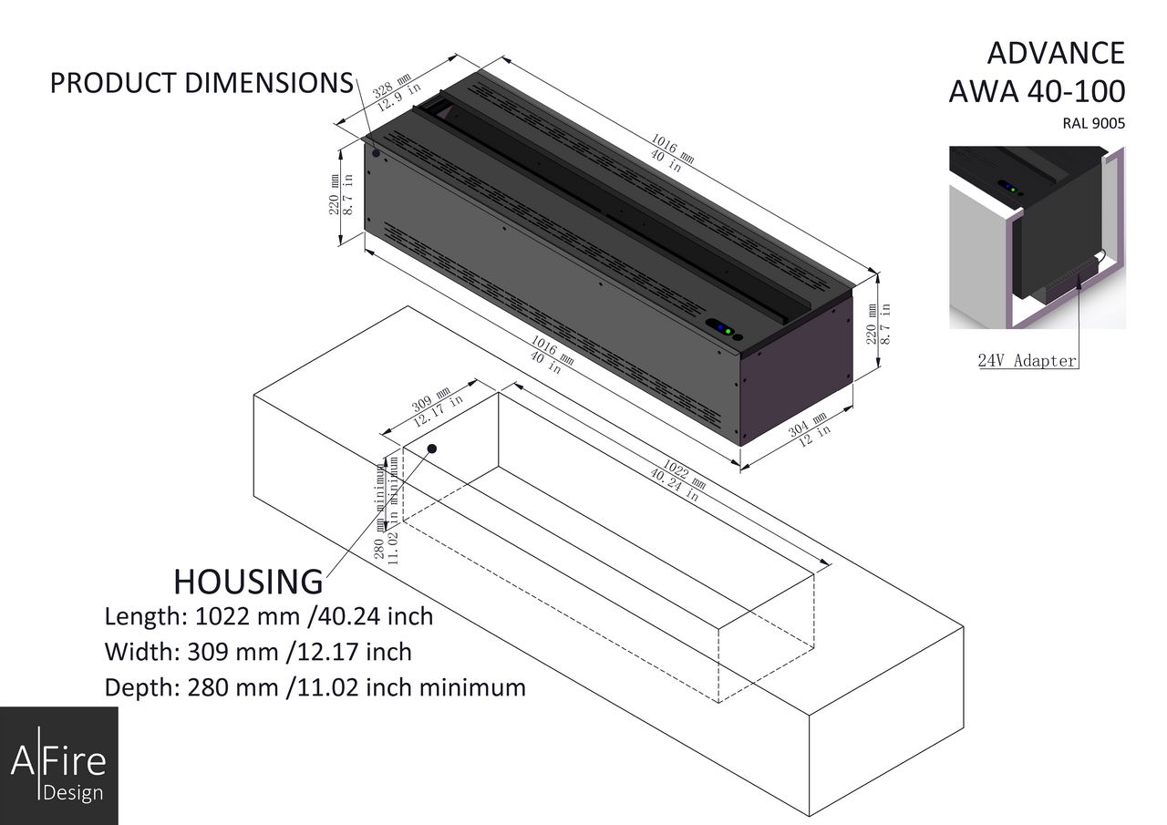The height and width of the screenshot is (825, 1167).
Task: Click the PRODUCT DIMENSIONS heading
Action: coord(201,83)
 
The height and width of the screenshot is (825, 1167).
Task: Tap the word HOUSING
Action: coord(248,582)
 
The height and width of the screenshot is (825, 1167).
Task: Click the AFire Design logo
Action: coord(58,766)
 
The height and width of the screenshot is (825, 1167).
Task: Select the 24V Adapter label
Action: coord(1028,360)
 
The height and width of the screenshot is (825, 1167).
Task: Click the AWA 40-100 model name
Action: coord(1037,92)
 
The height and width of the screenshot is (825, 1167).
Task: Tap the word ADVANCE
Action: coord(1056,53)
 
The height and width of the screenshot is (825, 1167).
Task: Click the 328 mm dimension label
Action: coord(392,89)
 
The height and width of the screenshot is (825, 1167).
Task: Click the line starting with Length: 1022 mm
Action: coord(269,616)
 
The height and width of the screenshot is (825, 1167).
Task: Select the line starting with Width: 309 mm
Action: coord(258,652)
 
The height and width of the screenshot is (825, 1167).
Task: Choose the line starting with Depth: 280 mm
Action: coord(315,687)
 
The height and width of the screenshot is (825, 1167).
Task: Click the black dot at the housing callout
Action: coord(432,449)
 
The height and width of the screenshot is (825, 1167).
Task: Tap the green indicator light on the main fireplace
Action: coord(728,330)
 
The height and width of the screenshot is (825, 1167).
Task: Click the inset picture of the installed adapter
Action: coord(1037,237)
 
